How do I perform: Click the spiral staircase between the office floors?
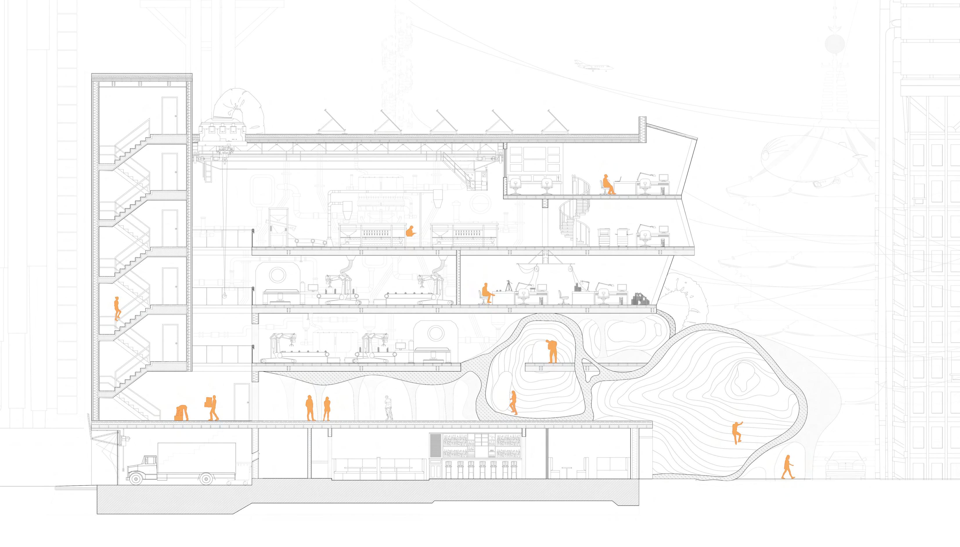(574, 218)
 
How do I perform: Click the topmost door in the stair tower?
(169, 110)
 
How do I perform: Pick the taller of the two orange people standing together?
(310, 408)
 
